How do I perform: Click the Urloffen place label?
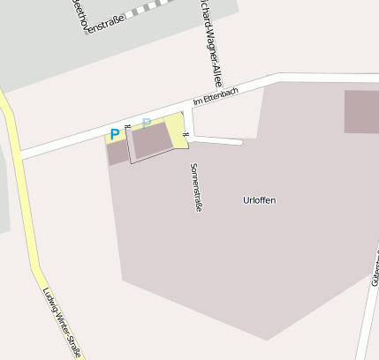[259, 200]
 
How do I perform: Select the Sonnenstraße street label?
[195, 187]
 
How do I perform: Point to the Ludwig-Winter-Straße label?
[62, 323]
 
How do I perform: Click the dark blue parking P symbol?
[114, 135]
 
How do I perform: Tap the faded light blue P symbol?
[147, 124]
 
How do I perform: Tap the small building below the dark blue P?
[117, 153]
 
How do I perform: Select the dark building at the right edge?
[361, 111]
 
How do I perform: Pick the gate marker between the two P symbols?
[127, 127]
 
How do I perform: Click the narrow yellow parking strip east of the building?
[177, 131]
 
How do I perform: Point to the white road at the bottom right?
[366, 318]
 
